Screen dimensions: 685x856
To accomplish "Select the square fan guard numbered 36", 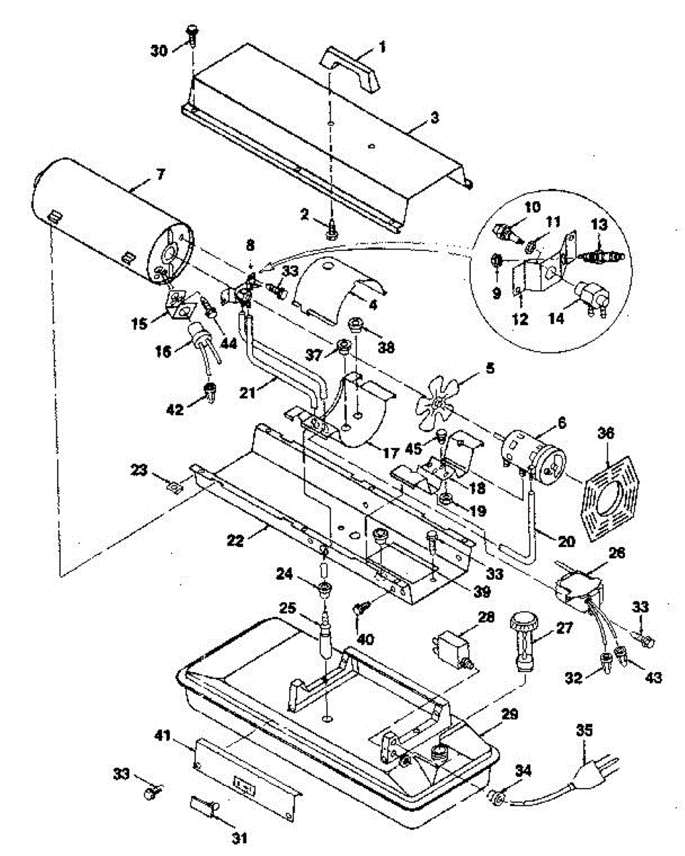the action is pyautogui.click(x=609, y=499).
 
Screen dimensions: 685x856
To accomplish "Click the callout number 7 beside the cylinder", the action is pyautogui.click(x=161, y=174).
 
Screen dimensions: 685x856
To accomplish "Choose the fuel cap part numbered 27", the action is pyautogui.click(x=522, y=641).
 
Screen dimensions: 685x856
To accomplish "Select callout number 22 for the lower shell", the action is pyautogui.click(x=235, y=541).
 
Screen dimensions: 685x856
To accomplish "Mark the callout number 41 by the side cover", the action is pyautogui.click(x=163, y=735).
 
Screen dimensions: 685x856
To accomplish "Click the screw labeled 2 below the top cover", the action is pyautogui.click(x=331, y=230).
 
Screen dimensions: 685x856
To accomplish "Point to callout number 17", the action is pyautogui.click(x=390, y=452).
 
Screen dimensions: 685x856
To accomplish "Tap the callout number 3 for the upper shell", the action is pyautogui.click(x=435, y=118).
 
